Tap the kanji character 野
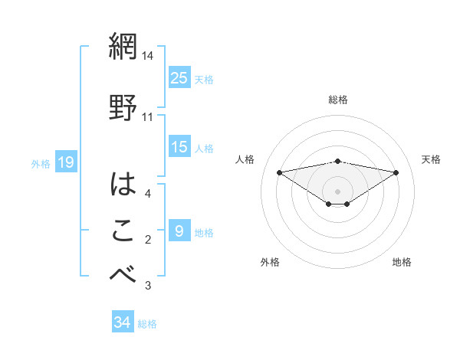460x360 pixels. point(123,107)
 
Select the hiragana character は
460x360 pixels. point(123,184)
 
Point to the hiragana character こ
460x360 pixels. point(123,231)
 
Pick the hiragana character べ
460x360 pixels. point(123,274)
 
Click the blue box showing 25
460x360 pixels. point(179,77)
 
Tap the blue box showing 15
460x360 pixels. point(179,147)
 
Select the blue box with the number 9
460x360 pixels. point(179,231)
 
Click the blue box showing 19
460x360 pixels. point(66,162)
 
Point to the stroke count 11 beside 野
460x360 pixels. point(148,117)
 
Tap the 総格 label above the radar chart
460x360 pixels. point(338,100)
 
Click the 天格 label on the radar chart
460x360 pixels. point(432,159)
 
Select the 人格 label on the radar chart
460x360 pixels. point(245,159)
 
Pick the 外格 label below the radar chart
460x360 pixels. point(270,262)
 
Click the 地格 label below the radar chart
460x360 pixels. point(402,262)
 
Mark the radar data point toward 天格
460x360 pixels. point(396,172)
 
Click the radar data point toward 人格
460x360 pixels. point(279,172)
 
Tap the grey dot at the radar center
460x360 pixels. point(337,191)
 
